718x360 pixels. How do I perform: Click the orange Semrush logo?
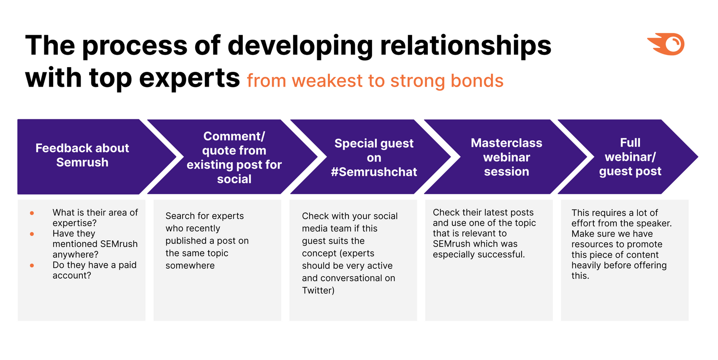(x=666, y=44)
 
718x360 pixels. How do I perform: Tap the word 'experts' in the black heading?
(x=190, y=79)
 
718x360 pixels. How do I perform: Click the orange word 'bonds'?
(x=477, y=80)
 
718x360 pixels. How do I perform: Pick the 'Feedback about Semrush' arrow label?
(x=82, y=155)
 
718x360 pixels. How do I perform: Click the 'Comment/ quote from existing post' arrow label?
(x=234, y=158)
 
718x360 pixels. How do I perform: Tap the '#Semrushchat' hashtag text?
(x=374, y=172)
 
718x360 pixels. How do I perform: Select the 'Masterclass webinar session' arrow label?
(x=506, y=157)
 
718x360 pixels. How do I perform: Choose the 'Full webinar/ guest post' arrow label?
(x=630, y=157)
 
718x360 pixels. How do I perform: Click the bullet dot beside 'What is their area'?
(x=32, y=213)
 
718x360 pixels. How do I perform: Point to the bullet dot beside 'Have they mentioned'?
(x=32, y=234)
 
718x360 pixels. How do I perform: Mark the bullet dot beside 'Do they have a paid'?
(x=32, y=265)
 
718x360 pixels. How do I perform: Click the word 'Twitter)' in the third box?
(x=318, y=290)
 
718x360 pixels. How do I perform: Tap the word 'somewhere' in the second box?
(x=190, y=265)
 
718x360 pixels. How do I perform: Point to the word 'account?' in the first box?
(x=72, y=275)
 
